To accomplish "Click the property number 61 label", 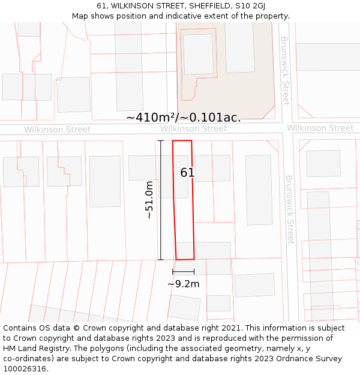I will point(187,173).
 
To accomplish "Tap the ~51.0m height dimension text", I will point(150,200).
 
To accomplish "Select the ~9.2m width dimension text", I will point(183,284).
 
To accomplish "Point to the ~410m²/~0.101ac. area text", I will point(183,118).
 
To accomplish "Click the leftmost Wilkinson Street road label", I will point(57,130).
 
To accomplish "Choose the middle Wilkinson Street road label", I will point(193,129).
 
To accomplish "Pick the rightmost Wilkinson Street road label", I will point(320,128).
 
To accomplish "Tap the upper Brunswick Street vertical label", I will point(286,71).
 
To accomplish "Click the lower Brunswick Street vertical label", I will point(290,209).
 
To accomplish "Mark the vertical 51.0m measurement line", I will point(161,200).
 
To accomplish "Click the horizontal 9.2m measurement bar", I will point(183,272).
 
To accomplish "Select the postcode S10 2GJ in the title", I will point(248,6).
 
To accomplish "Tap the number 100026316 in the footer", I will point(26,369).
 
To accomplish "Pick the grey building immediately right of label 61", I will point(212,168).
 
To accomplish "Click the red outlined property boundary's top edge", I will point(182,140).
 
